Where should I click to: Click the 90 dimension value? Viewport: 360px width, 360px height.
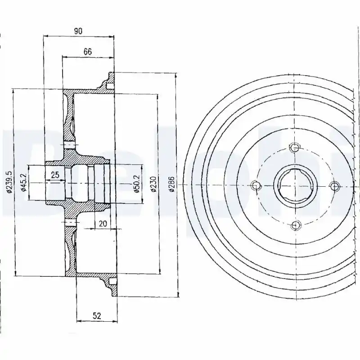click(78, 31)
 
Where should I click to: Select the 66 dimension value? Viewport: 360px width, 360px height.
click(87, 52)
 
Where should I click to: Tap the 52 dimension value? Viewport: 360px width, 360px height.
click(97, 316)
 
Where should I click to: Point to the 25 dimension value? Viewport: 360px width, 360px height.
click(55, 175)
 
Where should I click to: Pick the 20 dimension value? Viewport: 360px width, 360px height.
click(103, 223)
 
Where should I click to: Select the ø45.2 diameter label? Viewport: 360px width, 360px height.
click(24, 182)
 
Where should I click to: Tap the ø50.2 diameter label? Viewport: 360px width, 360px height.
click(137, 184)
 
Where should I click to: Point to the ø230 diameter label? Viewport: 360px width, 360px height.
click(153, 184)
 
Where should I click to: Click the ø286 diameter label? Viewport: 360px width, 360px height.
click(172, 184)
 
